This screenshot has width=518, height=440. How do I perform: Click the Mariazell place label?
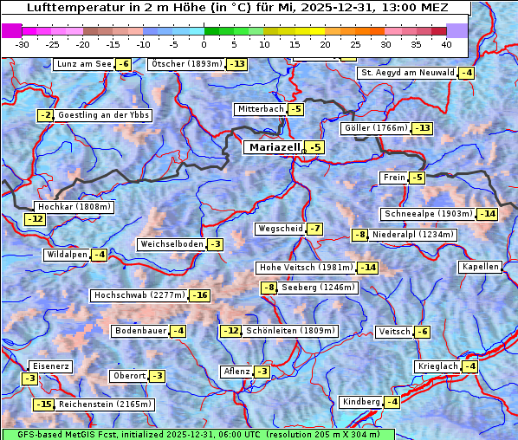[x=273, y=147]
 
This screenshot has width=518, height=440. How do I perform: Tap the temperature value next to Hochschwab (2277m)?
[x=200, y=295]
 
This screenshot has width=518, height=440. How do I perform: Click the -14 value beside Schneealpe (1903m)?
[x=488, y=214]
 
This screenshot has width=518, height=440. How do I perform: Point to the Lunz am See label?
[x=83, y=64]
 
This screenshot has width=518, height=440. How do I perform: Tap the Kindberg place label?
[x=360, y=402]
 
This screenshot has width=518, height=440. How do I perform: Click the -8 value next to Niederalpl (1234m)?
[x=359, y=235]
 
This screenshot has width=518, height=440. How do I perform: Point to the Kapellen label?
[x=481, y=267]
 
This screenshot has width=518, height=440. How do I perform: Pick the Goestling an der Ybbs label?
[x=103, y=115]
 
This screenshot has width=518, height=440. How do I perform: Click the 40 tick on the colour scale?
[x=446, y=43]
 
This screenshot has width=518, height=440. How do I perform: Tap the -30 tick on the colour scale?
[x=23, y=43]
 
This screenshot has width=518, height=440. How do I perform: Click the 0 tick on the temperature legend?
[x=204, y=43]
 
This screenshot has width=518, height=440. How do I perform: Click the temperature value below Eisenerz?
[x=29, y=379]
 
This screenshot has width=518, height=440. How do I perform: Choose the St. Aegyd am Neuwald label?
[x=407, y=73]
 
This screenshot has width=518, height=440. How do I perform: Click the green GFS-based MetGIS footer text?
[x=198, y=434]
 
